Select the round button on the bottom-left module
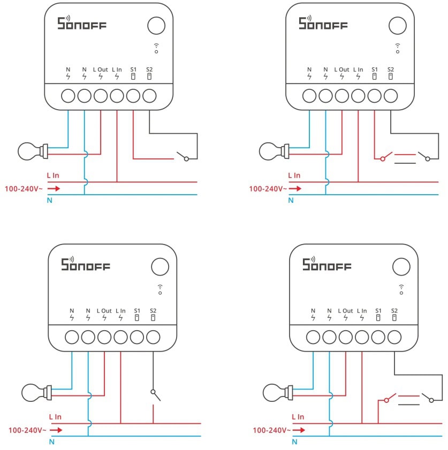pyautogui.click(x=160, y=266)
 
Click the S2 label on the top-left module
pyautogui.click(x=149, y=70)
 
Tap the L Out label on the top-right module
pyautogui.click(x=341, y=70)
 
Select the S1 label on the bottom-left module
pyautogui.click(x=137, y=310)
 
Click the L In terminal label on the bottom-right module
pyautogui.click(x=362, y=310)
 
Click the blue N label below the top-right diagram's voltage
pyautogui.click(x=291, y=201)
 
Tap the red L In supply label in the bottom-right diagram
pyautogui.click(x=298, y=417)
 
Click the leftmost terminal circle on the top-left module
pyautogui.click(x=68, y=96)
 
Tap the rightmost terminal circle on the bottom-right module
pyautogui.click(x=394, y=337)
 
